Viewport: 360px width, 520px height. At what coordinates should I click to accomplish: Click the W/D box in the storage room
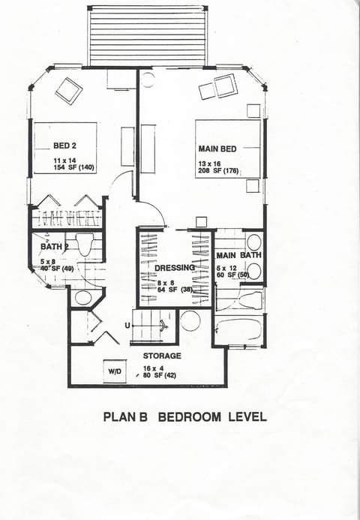point(115,370)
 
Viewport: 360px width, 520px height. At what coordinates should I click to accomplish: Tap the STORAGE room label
point(160,356)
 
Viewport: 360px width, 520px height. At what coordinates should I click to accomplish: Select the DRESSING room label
point(174,268)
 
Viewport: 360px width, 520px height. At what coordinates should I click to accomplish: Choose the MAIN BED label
point(217,149)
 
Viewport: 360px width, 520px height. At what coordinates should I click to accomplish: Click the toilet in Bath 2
point(84,244)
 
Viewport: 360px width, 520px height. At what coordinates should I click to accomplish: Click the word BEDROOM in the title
point(186,417)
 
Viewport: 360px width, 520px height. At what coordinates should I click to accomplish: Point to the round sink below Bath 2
point(82,298)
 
